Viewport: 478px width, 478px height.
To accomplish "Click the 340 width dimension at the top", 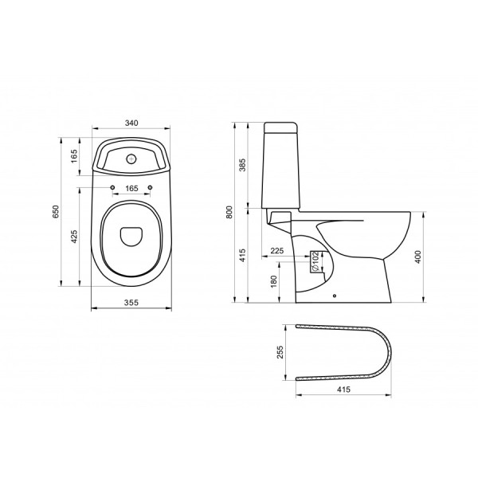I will click(131, 123).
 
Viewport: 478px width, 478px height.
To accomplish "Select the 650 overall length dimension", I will click(56, 212).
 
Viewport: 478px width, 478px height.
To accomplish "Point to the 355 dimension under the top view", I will click(131, 302).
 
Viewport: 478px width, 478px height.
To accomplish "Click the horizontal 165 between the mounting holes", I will click(131, 188).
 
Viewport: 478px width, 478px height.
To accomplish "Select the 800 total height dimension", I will click(229, 212).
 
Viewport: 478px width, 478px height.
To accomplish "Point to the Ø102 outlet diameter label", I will click(315, 261).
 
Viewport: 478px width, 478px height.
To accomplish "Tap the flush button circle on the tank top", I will click(131, 158).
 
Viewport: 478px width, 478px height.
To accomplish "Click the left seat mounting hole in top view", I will click(112, 188).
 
